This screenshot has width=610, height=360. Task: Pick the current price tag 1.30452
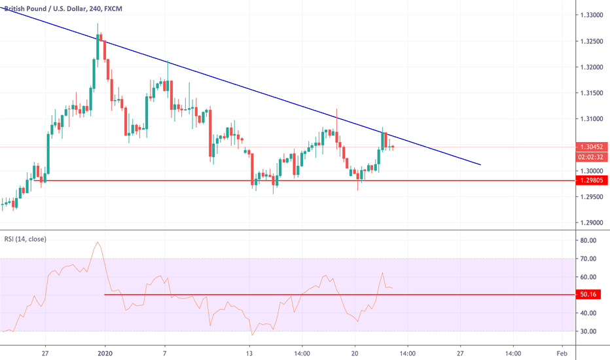click(590, 147)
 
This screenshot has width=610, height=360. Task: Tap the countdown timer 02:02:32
click(590, 158)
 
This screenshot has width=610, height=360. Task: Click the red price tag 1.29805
click(590, 180)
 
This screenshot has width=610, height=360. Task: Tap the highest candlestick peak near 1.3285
click(98, 24)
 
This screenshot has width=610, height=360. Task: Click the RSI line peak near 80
click(98, 242)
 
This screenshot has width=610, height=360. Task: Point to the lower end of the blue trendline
click(481, 165)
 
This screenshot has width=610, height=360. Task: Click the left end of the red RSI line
click(105, 295)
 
